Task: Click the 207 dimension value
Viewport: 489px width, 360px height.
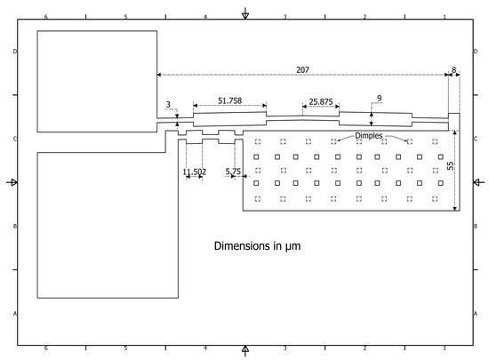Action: [x=302, y=70]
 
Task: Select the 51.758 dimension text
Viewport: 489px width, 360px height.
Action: [x=230, y=100]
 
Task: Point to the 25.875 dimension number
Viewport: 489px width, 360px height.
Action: [x=321, y=102]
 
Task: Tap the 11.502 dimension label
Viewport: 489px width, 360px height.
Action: [x=195, y=172]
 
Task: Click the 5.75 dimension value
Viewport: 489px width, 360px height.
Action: [x=233, y=172]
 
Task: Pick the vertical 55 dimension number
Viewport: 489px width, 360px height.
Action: [x=451, y=165]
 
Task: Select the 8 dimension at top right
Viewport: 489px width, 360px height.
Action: [x=454, y=70]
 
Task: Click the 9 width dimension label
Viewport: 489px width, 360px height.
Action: [x=380, y=99]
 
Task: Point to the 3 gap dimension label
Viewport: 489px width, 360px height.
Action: [x=168, y=104]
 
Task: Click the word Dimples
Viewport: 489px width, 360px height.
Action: [x=369, y=136]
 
